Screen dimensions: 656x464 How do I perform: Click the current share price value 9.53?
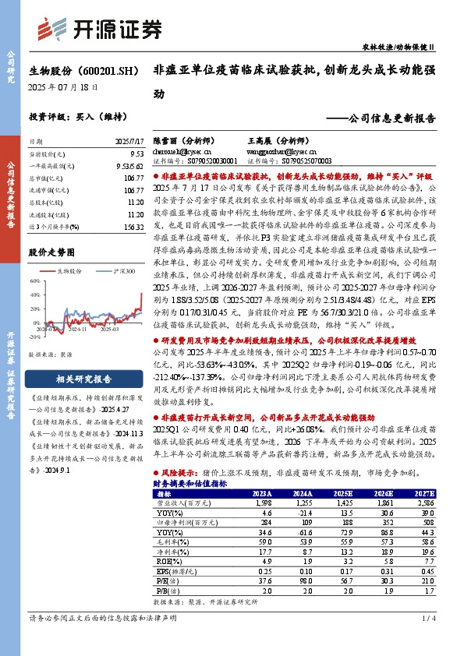click(136, 155)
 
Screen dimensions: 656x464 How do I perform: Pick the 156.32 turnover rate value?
click(133, 226)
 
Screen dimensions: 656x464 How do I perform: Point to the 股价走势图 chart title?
click(54, 253)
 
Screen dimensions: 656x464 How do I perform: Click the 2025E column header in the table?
click(342, 494)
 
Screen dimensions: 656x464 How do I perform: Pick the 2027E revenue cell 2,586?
click(426, 504)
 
